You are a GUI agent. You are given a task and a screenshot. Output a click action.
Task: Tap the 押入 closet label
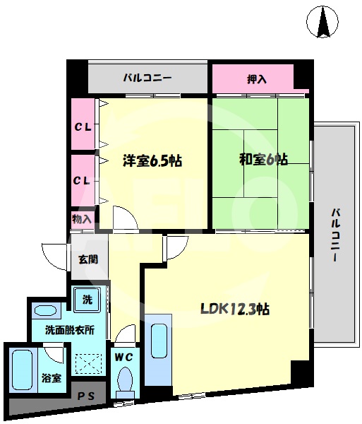258,78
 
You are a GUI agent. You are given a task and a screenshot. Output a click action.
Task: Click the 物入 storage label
82,220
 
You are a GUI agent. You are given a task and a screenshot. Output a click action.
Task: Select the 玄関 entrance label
88,259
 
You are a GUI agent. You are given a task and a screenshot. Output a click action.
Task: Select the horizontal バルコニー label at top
147,78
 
